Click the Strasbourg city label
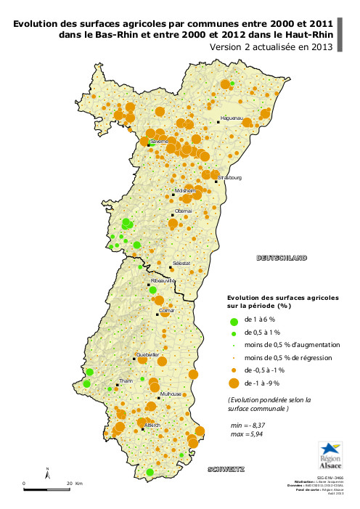click(x=230, y=178)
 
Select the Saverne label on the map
click(x=159, y=141)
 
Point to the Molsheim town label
click(x=186, y=190)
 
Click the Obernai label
click(x=184, y=211)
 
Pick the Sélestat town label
click(x=181, y=263)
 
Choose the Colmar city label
click(x=167, y=310)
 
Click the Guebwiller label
click(x=147, y=354)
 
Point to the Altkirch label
click(x=152, y=425)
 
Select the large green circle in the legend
click(x=234, y=320)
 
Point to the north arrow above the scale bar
click(x=48, y=473)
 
